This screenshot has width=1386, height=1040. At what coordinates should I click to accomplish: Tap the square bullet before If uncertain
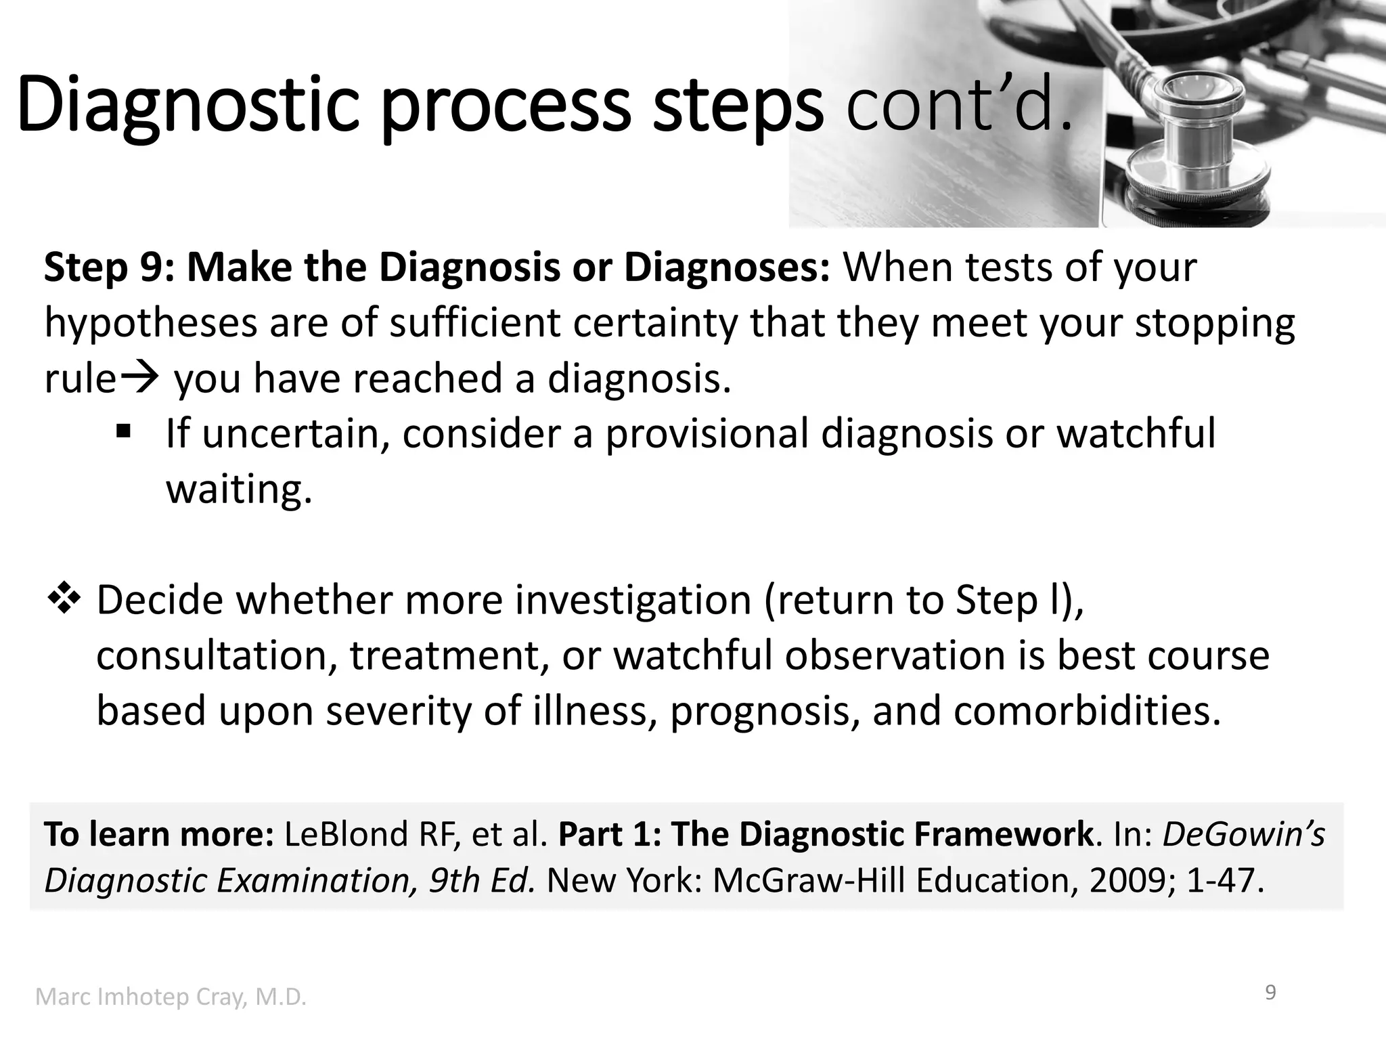(x=122, y=431)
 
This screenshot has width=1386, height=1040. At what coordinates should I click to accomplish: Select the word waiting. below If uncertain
(x=239, y=488)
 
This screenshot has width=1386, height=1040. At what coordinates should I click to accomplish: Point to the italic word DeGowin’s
(x=1243, y=834)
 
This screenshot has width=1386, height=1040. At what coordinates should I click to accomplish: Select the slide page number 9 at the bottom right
(x=1270, y=993)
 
